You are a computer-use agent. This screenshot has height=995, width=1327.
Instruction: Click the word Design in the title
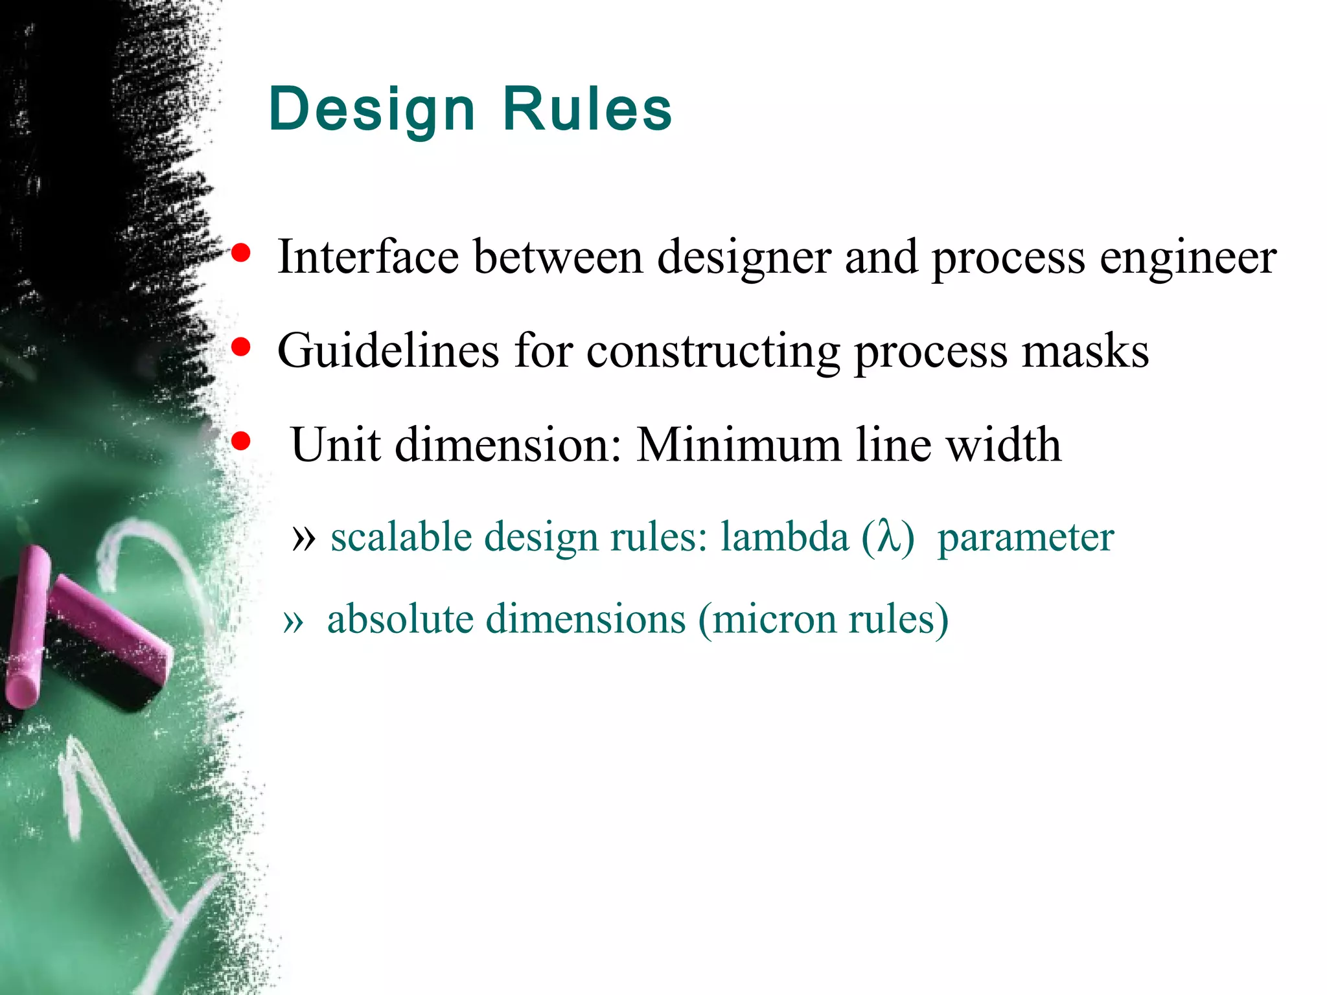pyautogui.click(x=372, y=110)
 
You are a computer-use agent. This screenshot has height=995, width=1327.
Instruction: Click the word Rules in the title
pyautogui.click(x=587, y=109)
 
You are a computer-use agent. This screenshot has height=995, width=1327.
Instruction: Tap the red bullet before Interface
pyautogui.click(x=241, y=253)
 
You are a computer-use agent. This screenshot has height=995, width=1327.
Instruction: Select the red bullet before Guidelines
pyautogui.click(x=241, y=348)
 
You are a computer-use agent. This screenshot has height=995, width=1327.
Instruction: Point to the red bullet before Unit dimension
pyautogui.click(x=241, y=442)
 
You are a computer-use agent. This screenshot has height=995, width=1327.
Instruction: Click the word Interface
pyautogui.click(x=368, y=257)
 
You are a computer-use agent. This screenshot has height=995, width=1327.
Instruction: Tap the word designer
pyautogui.click(x=744, y=258)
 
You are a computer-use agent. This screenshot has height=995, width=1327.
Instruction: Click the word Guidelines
pyautogui.click(x=388, y=351)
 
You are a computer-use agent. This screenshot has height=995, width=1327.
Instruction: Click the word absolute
pyautogui.click(x=400, y=619)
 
